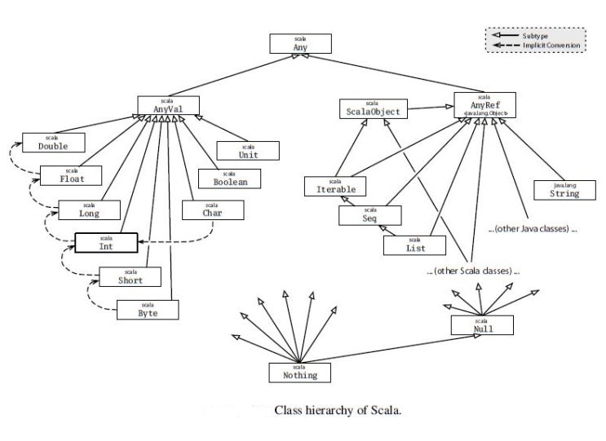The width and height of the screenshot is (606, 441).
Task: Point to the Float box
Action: coord(72,175)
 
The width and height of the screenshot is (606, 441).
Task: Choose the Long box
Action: coord(89,210)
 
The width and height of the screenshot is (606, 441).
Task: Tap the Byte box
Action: coord(148,309)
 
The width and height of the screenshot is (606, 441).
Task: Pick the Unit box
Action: coord(248,151)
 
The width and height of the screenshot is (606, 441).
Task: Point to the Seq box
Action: coord(370,215)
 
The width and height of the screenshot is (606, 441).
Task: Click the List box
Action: coord(414,245)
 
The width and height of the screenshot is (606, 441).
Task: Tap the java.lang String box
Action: coord(564,190)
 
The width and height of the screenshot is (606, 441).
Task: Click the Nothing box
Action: coord(299,372)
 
